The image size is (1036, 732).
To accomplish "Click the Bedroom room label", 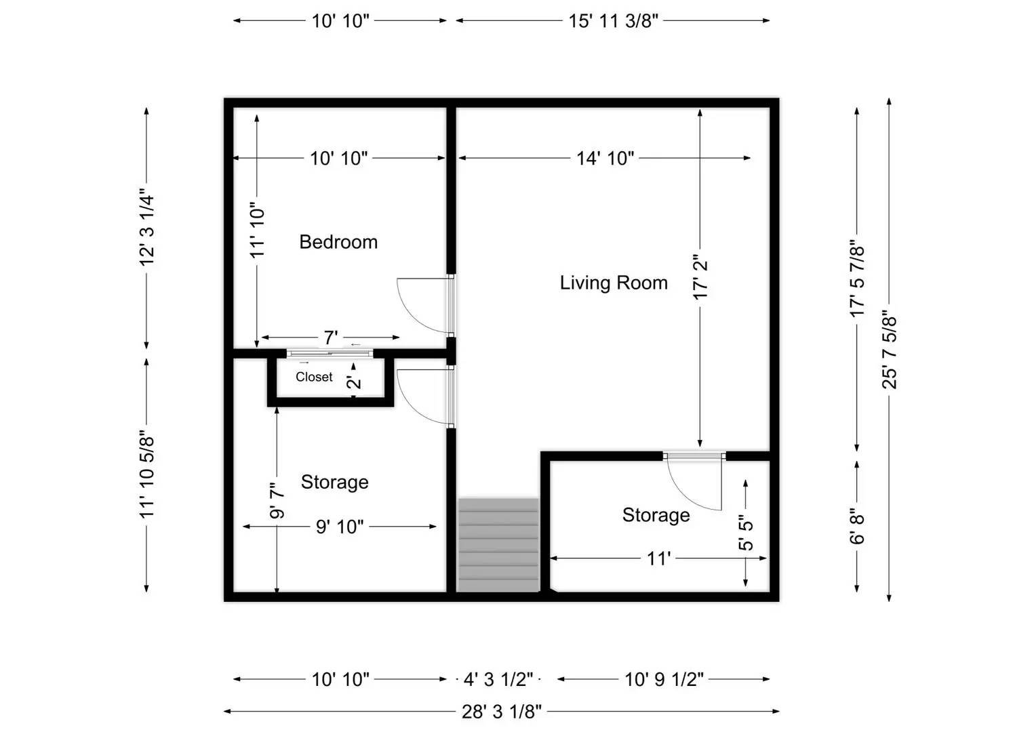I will coord(338,242).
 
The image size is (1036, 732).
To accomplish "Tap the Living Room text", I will coord(613,283).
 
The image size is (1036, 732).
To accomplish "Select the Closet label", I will coord(314,377).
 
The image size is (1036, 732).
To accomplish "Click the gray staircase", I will coord(498,545).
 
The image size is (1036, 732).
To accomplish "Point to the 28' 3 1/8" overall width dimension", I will coord(502,711).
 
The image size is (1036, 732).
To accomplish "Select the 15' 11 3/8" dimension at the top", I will coord(613,21).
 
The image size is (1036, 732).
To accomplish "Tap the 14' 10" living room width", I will coord(605,159).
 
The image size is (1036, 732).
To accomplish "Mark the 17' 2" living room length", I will coord(700,277).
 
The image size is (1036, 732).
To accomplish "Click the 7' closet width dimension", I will coord(330,338).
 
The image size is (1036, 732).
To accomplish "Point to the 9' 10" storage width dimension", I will coord(340,527).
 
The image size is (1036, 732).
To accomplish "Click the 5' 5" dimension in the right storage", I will coord(746,533).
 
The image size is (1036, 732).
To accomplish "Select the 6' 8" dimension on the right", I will coord(857,527).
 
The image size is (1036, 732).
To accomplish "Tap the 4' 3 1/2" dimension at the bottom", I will coord(498,679).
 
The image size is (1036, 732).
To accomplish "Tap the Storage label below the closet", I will coord(334,482).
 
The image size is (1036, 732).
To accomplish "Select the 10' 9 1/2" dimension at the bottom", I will coord(664,679).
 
